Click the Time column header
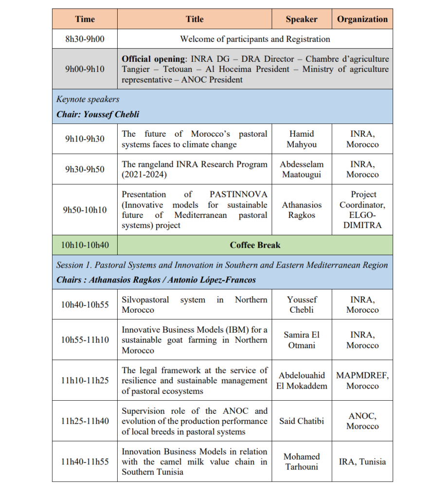pyautogui.click(x=85, y=19)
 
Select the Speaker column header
pyautogui.click(x=302, y=19)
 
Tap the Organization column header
pyautogui.click(x=362, y=19)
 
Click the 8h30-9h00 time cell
pyautogui.click(x=85, y=39)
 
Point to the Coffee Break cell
pyautogui.click(x=255, y=245)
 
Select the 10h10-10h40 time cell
pyautogui.click(x=85, y=245)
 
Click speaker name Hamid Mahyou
pyautogui.click(x=302, y=139)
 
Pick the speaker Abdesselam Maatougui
pyautogui.click(x=302, y=169)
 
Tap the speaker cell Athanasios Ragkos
pyautogui.click(x=302, y=210)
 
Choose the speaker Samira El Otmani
pyautogui.click(x=302, y=340)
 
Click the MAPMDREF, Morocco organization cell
pyautogui.click(x=362, y=380)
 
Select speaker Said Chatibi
pyautogui.click(x=302, y=421)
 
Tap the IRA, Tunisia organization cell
pyautogui.click(x=362, y=462)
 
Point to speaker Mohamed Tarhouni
pyautogui.click(x=302, y=462)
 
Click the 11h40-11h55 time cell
pyautogui.click(x=85, y=462)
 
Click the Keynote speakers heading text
pyautogui.click(x=88, y=99)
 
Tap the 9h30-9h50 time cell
pyautogui.click(x=85, y=169)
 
